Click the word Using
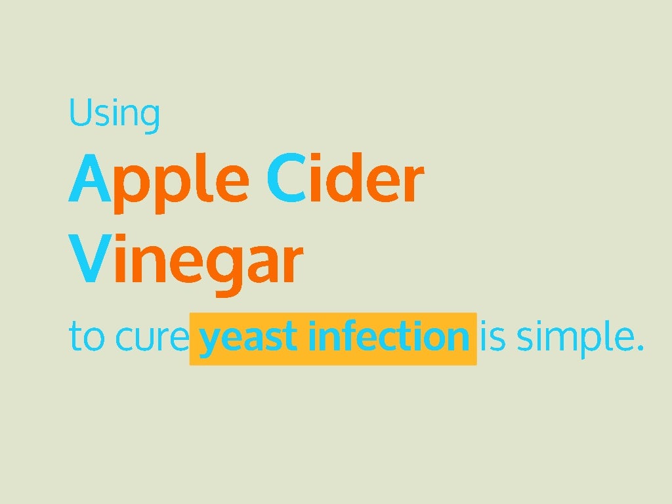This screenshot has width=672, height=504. click(114, 113)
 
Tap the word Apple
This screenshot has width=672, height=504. click(158, 180)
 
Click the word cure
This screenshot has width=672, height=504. click(151, 338)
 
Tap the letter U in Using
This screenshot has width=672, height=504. click(79, 112)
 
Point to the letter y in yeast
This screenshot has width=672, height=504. click(210, 341)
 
